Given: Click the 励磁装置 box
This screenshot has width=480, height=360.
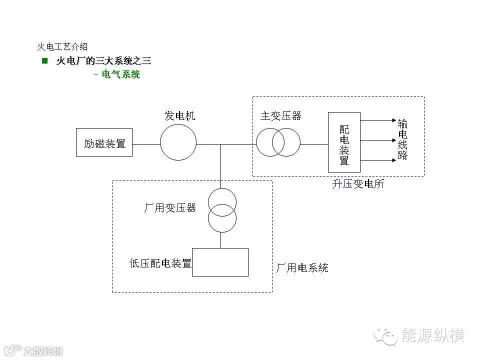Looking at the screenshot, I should coord(104,142).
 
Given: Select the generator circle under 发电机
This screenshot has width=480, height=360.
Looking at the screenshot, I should coord(178,142).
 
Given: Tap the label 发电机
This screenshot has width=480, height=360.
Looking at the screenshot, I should coord(180,116).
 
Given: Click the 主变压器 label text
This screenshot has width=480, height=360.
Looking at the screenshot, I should coord(281,116).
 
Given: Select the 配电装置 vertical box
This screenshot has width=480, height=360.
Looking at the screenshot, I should coord(344,142).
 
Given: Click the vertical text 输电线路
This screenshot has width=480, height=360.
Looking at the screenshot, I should coord(402,139).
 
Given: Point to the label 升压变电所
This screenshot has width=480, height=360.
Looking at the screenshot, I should coord(358,184).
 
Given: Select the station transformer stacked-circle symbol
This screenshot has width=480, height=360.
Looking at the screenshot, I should coord(222,210).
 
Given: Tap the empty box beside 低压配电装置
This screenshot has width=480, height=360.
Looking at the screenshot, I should coord(220,262).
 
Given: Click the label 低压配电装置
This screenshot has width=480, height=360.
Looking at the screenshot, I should coord(160,263).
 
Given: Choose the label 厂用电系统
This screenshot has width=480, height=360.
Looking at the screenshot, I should coord(302,268).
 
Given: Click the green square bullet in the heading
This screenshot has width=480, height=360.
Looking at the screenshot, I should coord(45,61).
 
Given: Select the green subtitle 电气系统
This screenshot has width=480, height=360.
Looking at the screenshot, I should coord(120,75).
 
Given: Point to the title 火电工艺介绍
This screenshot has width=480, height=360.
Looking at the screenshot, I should coord(62,46).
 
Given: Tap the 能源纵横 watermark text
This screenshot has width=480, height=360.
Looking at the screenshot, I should coord(433,335).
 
